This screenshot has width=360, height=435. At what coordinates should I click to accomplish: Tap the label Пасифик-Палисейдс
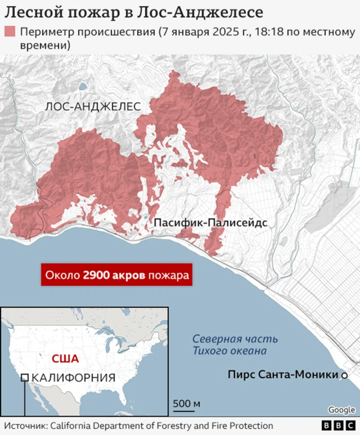pos(210,223)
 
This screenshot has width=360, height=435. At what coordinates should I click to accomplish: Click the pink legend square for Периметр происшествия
pos(10,32)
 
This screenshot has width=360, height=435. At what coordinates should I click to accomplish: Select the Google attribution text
pos(341,410)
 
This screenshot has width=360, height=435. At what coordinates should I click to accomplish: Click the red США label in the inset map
pos(65,358)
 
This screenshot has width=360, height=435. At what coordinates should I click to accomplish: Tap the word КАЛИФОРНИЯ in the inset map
pos(74,378)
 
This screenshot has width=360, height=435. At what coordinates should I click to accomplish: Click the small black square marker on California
pos(25,378)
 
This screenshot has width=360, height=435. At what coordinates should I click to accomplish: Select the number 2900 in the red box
pos(95,276)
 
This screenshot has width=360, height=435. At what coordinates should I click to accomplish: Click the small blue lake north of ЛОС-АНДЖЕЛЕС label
pos(83,87)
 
